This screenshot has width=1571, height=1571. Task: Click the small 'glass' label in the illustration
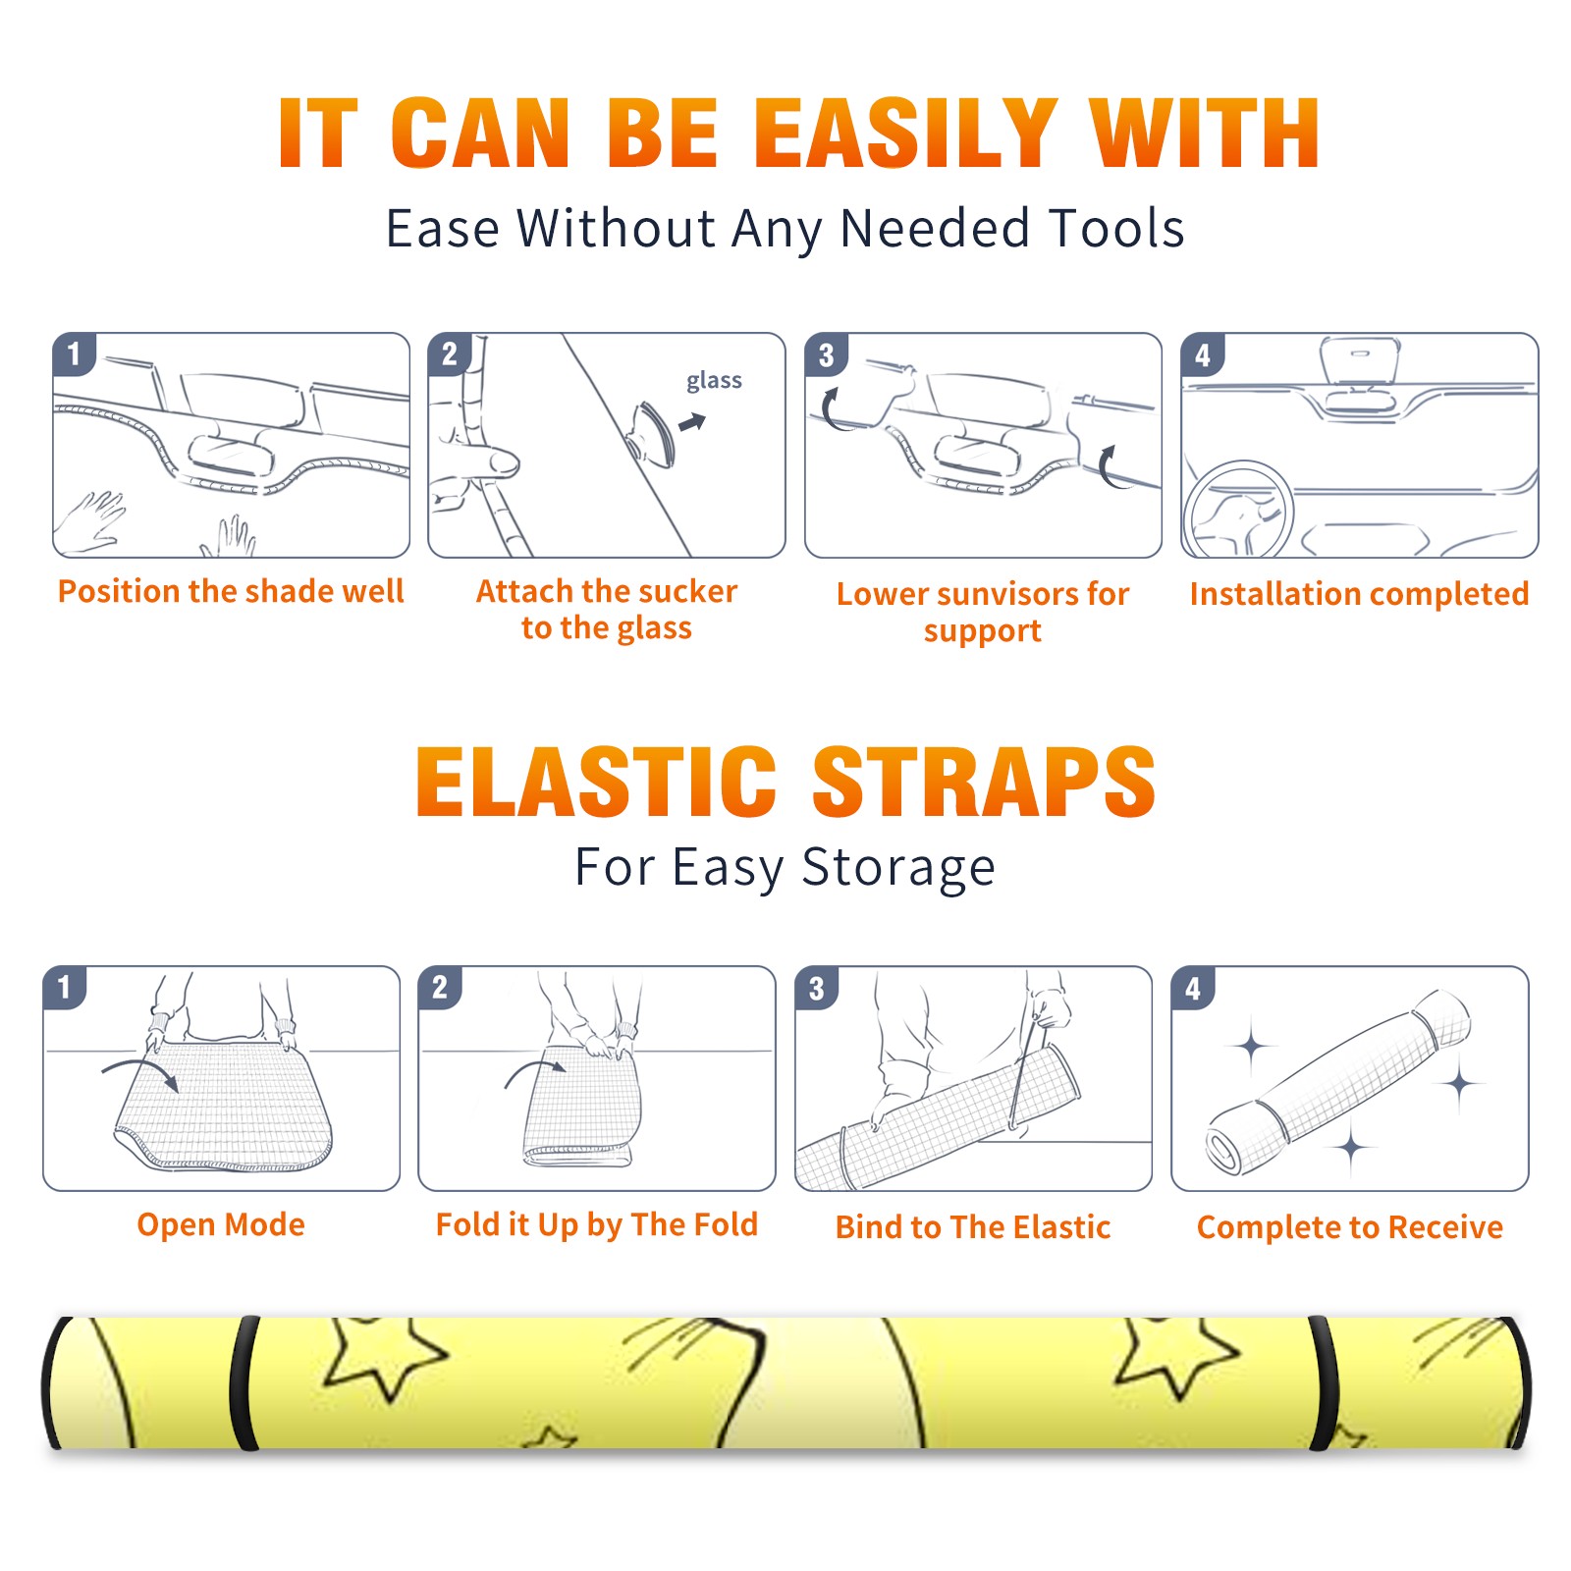coord(714,381)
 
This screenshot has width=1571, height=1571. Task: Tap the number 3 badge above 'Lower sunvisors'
coord(826,354)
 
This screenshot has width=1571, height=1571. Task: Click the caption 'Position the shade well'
coord(231,591)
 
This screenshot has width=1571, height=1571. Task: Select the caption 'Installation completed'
coord(1359,593)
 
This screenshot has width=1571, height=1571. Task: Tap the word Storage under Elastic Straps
coord(898,868)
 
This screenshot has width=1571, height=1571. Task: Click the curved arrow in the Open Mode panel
coord(141,1070)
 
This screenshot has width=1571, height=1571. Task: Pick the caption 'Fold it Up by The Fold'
coord(597,1224)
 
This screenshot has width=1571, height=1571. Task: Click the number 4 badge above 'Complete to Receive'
coord(1193,988)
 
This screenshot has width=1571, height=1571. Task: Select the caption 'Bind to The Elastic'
coord(973,1227)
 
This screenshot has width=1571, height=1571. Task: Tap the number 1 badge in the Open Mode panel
coord(65,987)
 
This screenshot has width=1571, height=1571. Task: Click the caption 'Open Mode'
coord(221,1224)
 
